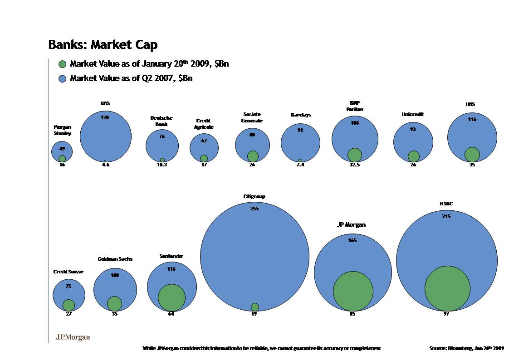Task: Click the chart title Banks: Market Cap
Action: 103,45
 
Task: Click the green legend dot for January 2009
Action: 63,64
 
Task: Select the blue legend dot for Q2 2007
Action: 63,78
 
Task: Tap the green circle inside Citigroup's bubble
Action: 255,307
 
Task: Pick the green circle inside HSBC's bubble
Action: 447,288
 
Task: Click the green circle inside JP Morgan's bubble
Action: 353,291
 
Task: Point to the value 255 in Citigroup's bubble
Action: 254,209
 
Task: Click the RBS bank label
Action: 105,104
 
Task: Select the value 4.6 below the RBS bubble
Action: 105,165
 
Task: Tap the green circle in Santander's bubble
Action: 171,297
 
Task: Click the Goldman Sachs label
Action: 115,259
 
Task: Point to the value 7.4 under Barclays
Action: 300,165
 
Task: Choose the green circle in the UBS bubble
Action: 472,154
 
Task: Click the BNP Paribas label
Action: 355,106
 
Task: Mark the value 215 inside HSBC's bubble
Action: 446,217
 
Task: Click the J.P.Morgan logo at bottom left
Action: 73,337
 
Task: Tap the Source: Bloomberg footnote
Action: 466,348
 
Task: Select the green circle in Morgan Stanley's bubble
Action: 62,159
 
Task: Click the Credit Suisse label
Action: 69,272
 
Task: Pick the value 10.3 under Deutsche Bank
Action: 162,165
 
